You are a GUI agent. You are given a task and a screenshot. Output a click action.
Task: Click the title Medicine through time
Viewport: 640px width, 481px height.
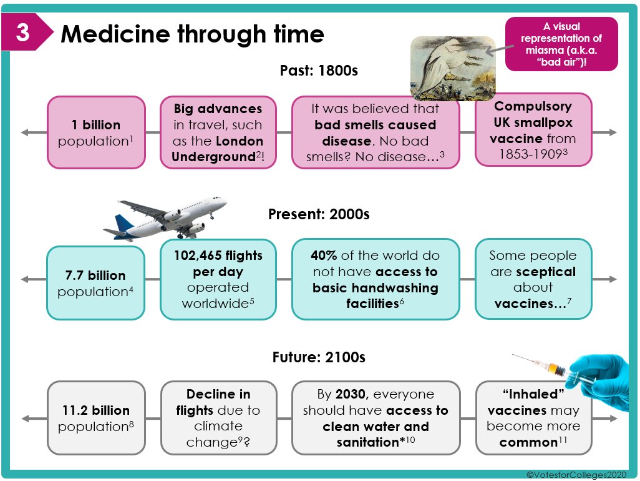(192, 34)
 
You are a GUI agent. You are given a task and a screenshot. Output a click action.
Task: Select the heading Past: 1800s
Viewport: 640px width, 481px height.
(319, 71)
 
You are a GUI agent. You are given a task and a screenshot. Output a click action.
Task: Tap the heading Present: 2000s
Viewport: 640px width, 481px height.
(319, 214)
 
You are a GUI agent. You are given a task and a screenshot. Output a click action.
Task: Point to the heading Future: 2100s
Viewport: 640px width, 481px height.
(319, 358)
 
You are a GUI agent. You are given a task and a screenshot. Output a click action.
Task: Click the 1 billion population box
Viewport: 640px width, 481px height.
(96, 132)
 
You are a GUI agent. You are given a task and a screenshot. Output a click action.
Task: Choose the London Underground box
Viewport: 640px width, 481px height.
(218, 132)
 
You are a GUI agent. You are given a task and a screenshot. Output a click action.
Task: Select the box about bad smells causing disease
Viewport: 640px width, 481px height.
(376, 132)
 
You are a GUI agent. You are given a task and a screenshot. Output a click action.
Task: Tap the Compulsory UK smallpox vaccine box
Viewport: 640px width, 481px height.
(533, 130)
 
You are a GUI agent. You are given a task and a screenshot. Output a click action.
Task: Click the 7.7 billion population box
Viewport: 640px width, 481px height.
(96, 283)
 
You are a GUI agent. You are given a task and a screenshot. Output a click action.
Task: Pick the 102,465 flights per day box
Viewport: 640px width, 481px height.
(218, 279)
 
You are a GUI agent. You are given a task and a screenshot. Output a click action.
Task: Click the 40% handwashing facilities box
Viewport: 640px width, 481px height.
(376, 279)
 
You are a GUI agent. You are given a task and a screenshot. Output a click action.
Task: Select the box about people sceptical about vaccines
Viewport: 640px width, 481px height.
(533, 279)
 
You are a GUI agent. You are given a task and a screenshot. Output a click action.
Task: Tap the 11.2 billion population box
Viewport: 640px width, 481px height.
(96, 418)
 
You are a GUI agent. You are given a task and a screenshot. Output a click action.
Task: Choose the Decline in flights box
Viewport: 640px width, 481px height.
(218, 418)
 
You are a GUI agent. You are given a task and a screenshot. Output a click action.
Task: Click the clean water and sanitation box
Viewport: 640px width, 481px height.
(376, 418)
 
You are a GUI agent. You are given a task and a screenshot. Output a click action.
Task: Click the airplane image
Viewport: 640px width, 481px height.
(166, 218)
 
